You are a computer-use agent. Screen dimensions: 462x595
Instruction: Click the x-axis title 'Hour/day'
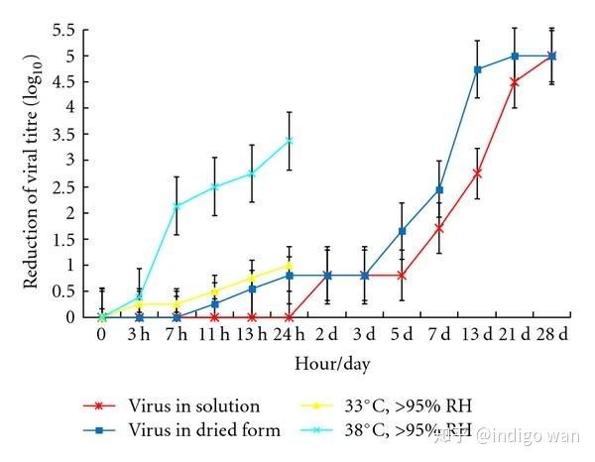tap(332, 365)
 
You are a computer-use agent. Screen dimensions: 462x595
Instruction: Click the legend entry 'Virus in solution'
tap(193, 405)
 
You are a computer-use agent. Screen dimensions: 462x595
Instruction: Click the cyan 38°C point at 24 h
tap(290, 141)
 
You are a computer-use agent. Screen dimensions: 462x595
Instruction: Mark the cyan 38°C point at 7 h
tap(177, 206)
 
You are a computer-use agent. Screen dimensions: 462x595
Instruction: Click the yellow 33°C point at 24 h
tap(290, 265)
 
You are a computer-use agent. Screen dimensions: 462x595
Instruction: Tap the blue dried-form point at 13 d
tap(477, 69)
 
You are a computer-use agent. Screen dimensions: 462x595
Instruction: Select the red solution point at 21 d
tap(515, 82)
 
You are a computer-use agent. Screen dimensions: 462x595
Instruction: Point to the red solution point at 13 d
tap(477, 173)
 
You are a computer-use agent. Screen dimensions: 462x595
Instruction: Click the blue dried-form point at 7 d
tap(439, 189)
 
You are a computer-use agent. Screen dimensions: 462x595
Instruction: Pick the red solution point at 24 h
tap(290, 317)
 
